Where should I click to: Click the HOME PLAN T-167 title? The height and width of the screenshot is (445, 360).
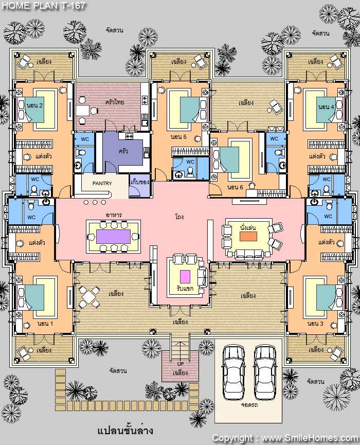coord(43,5)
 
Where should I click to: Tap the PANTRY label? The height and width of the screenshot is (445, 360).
coord(102,183)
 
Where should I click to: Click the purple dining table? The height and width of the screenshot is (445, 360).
coord(114,237)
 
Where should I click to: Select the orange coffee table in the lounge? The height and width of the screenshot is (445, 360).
coord(248,236)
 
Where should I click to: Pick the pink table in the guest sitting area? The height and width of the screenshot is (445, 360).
coord(185,276)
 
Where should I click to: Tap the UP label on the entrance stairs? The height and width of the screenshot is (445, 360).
coord(181,364)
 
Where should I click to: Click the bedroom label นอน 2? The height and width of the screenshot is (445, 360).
coord(34,105)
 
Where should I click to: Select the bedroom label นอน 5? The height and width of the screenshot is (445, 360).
coord(178,137)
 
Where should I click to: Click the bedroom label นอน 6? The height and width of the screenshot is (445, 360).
coord(235,187)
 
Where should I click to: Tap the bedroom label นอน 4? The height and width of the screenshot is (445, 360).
coord(326,107)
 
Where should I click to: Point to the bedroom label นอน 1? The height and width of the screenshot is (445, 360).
coord(45,324)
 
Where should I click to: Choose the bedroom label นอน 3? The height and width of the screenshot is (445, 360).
coord(315,324)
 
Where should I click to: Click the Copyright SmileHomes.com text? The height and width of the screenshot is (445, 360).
coord(285,438)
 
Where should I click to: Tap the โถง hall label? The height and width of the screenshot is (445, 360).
coord(179,217)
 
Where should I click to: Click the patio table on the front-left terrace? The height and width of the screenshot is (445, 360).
coord(89,297)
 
